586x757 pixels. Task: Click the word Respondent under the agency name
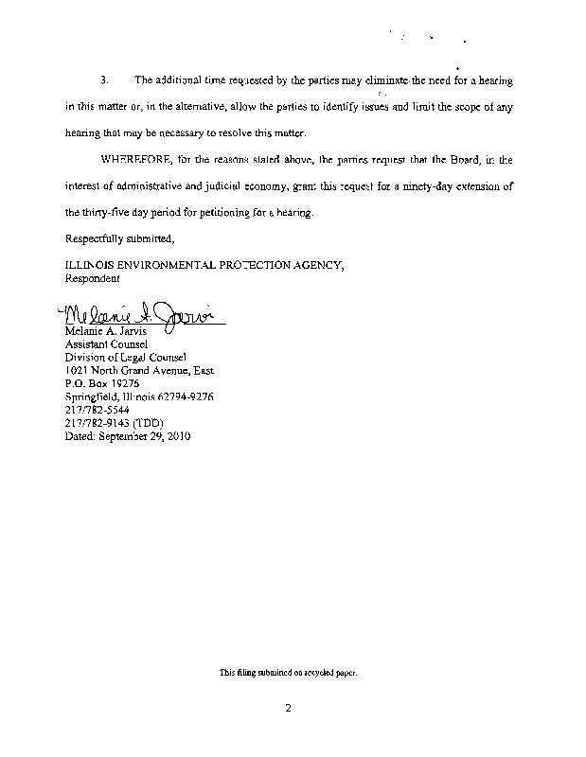[92, 279]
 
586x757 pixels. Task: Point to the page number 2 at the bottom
[287, 705]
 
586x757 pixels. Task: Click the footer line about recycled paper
[288, 673]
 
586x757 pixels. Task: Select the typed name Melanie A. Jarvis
[102, 332]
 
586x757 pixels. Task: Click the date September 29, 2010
[128, 437]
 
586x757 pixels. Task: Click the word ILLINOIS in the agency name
[89, 266]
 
